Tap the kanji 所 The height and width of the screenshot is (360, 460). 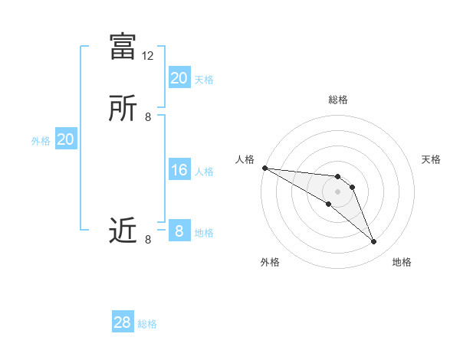[x=123, y=108]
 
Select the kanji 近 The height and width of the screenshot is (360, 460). [x=123, y=231]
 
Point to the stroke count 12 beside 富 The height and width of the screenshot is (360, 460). [x=148, y=56]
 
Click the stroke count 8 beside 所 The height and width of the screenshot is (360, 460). [x=148, y=117]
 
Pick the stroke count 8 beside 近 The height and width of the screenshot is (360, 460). [x=148, y=240]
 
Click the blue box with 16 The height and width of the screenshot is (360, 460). [x=179, y=170]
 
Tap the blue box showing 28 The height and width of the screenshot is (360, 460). [x=122, y=322]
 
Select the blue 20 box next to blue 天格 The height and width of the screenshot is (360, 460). [x=179, y=78]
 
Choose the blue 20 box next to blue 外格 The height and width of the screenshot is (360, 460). [x=65, y=139]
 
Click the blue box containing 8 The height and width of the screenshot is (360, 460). [x=179, y=231]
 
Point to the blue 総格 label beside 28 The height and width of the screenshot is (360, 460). [x=147, y=324]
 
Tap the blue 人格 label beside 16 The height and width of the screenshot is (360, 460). [x=204, y=172]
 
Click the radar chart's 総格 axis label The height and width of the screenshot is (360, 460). [x=338, y=100]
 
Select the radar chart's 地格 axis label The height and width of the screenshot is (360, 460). [x=402, y=262]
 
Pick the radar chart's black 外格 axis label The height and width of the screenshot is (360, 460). [x=270, y=262]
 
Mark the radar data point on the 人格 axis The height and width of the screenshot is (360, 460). [x=264, y=167]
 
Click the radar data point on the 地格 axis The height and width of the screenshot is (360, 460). [x=374, y=242]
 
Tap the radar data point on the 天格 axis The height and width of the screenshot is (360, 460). [x=352, y=187]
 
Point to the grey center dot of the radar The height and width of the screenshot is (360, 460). [x=338, y=191]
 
